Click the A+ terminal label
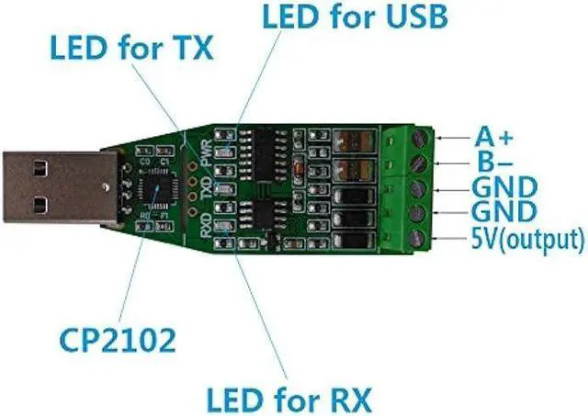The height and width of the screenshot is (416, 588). pyautogui.click(x=493, y=137)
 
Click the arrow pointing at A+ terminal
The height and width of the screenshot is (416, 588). pyautogui.click(x=453, y=138)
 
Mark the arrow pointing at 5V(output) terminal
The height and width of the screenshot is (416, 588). pyautogui.click(x=453, y=240)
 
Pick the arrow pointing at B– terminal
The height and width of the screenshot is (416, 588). pyautogui.click(x=453, y=163)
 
